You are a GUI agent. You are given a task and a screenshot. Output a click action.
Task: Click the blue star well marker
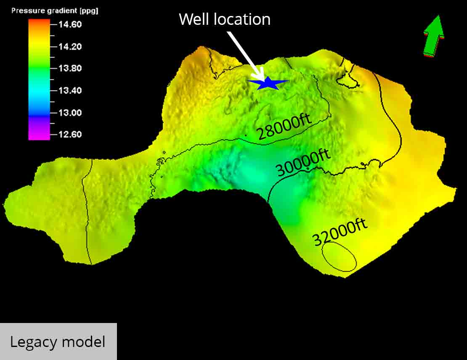(268, 83)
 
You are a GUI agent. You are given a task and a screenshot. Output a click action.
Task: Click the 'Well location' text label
(225, 19)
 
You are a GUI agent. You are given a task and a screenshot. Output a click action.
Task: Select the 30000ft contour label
(303, 163)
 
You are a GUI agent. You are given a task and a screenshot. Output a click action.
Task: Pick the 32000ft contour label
(340, 233)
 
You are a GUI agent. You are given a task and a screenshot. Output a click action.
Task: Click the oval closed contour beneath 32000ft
(339, 257)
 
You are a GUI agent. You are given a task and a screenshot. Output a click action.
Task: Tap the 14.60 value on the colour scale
(70, 24)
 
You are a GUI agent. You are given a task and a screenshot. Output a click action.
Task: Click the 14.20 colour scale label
(70, 47)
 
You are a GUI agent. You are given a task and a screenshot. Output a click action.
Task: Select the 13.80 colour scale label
(70, 69)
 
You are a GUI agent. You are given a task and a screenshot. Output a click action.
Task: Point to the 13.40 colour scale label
(70, 90)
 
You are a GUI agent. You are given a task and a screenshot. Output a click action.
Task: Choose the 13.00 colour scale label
(70, 113)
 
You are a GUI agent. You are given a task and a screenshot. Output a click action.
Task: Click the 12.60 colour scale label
(70, 135)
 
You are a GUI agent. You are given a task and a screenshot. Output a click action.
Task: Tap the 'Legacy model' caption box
(58, 341)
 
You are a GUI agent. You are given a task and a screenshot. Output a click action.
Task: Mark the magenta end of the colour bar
(39, 134)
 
